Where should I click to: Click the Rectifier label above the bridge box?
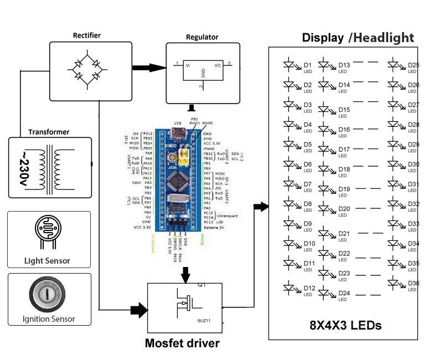87,36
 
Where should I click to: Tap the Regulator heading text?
202,38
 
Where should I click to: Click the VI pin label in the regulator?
188,65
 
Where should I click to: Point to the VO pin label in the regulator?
218,65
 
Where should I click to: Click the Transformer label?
49,132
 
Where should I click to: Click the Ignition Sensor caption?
48,319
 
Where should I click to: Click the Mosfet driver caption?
182,343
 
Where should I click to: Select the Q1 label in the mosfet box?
202,286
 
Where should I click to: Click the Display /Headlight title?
358,38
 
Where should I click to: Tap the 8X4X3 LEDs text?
346,325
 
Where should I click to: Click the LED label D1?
307,65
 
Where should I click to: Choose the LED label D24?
344,293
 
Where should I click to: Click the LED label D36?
413,283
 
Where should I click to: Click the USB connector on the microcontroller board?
179,132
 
